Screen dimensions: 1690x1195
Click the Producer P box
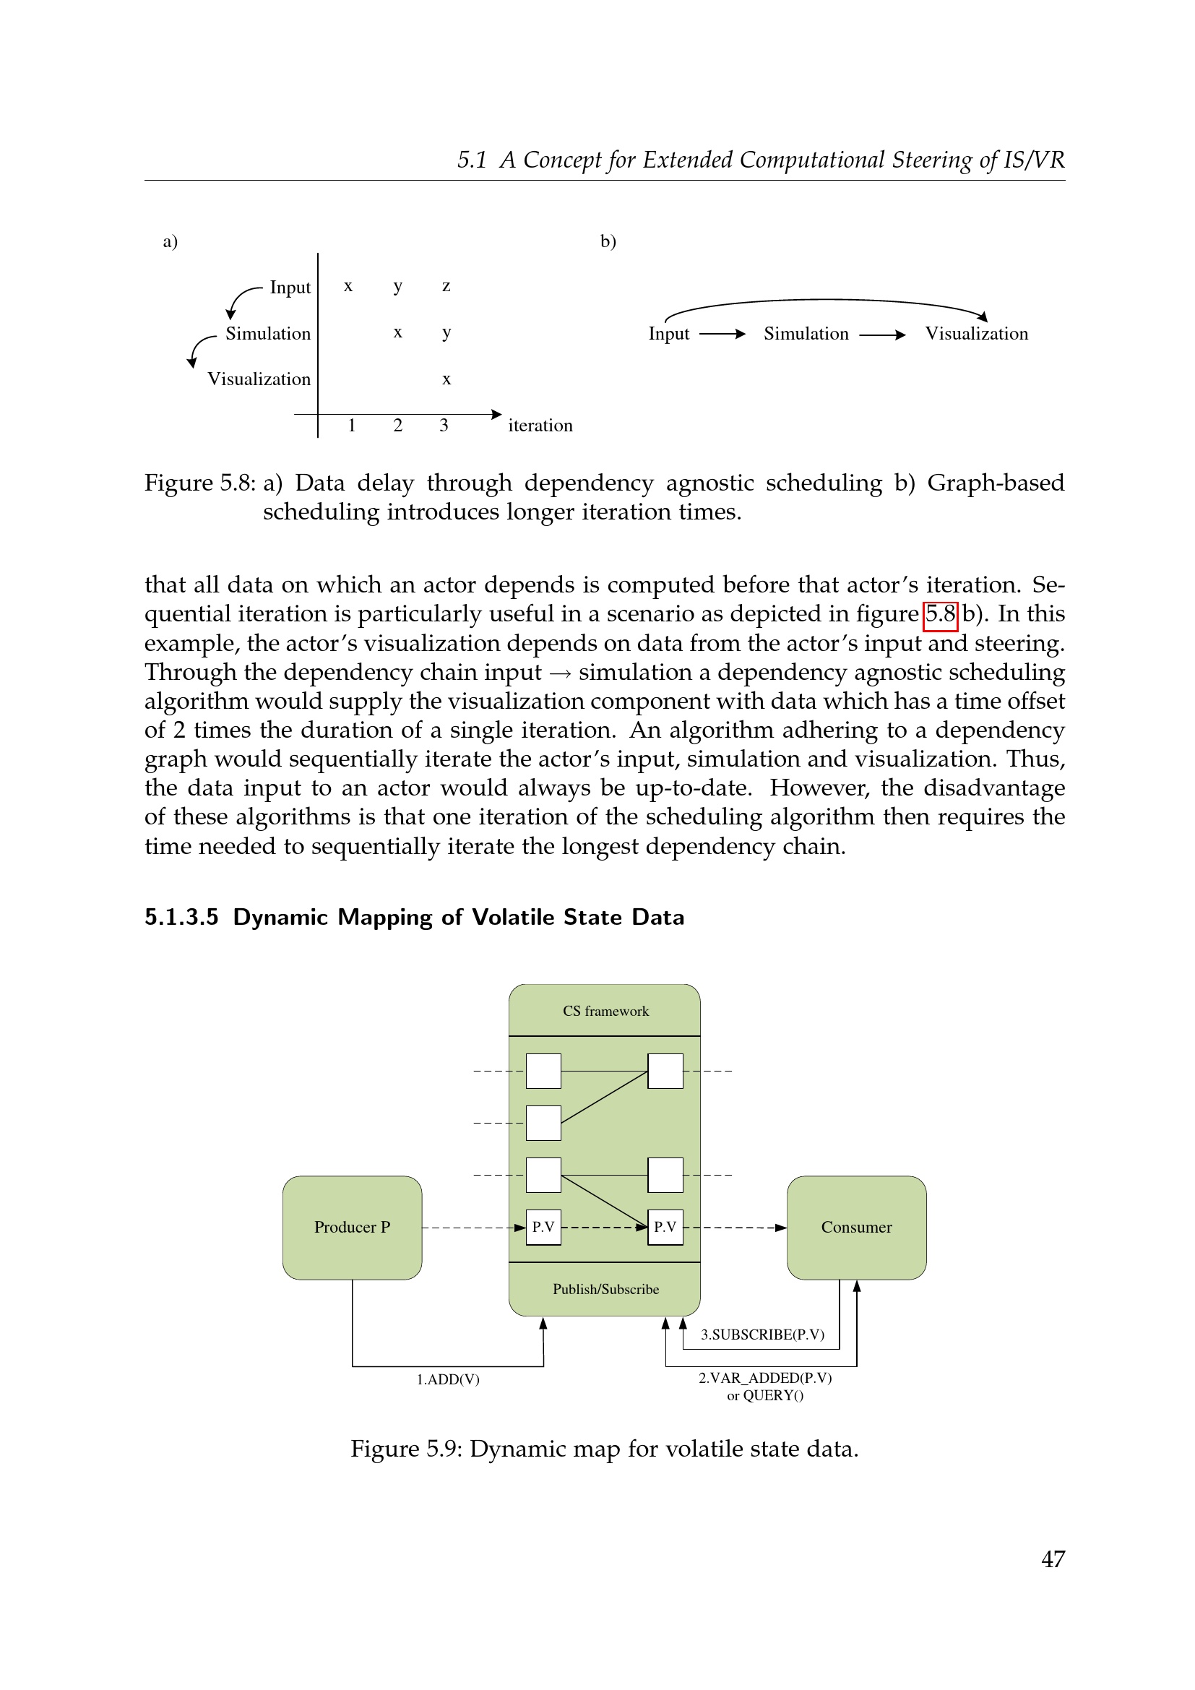click(352, 1227)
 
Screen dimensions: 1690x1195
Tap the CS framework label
click(605, 1012)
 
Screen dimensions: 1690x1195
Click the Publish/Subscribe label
click(605, 1289)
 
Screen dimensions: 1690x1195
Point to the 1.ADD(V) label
click(447, 1379)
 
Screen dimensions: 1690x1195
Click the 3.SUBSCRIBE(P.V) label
click(762, 1335)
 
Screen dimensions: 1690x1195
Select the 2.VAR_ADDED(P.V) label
click(764, 1378)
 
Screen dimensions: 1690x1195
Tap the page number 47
click(1052, 1559)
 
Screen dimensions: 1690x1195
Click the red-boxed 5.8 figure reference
click(940, 614)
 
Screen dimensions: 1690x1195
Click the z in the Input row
click(446, 286)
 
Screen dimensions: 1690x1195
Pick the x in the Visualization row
click(446, 380)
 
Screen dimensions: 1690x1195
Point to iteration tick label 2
click(397, 426)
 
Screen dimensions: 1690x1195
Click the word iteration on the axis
click(540, 426)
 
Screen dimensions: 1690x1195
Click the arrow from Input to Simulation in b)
click(722, 335)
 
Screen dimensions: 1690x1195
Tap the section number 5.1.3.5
click(181, 917)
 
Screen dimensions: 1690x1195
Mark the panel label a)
click(170, 241)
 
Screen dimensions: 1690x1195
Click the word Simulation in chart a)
click(268, 333)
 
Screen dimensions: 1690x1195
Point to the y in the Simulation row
click(446, 332)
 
